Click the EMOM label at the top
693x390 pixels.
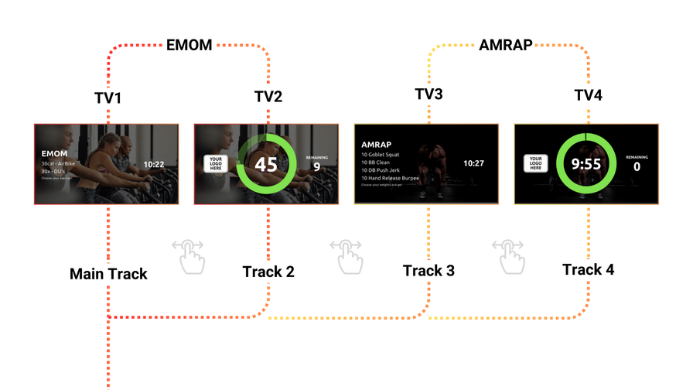click(189, 46)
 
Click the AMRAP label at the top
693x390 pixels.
click(506, 45)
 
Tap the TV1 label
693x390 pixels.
click(108, 98)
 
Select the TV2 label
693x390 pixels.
click(268, 97)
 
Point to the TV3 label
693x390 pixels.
click(428, 94)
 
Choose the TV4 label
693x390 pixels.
click(588, 95)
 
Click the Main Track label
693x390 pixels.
click(108, 274)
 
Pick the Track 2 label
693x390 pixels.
click(268, 272)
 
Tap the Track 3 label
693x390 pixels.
click(428, 271)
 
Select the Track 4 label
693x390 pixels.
click(589, 269)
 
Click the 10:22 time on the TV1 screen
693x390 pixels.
click(154, 164)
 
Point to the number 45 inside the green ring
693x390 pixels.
click(265, 165)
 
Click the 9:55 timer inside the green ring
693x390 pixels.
click(586, 165)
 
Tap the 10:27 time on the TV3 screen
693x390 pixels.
click(473, 163)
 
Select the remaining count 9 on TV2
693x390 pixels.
click(316, 167)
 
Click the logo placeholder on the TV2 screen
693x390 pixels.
click(215, 163)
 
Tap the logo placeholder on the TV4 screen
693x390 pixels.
click(535, 163)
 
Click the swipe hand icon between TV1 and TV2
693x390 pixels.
click(188, 255)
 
